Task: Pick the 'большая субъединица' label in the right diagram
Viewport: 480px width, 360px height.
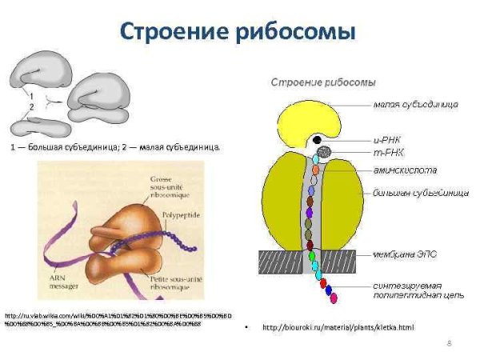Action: [412, 193]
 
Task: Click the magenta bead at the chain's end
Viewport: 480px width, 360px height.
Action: [333, 298]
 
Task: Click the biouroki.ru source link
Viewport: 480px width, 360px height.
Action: [338, 328]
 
